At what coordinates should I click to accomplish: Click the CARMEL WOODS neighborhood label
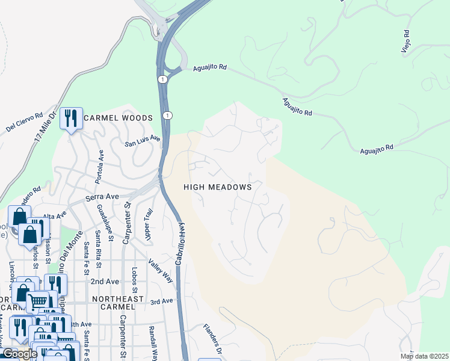(x=119, y=118)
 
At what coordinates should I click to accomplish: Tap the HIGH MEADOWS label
(x=217, y=187)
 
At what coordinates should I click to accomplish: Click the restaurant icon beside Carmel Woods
(x=72, y=119)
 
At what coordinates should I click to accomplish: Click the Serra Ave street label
(x=102, y=197)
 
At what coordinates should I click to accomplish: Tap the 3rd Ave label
(x=162, y=301)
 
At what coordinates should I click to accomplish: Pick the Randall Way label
(x=153, y=343)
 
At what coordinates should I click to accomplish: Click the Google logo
(x=19, y=354)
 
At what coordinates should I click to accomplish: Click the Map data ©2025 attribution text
(x=424, y=356)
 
